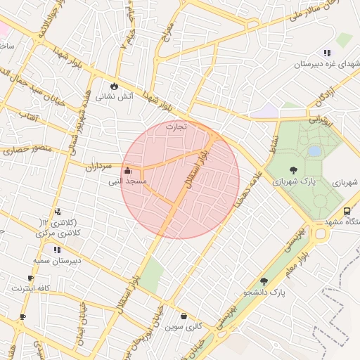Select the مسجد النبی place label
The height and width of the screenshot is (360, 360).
pyautogui.click(x=127, y=181)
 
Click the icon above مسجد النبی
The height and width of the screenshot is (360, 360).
pyautogui.click(x=127, y=170)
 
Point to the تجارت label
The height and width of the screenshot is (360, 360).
pyautogui.click(x=176, y=127)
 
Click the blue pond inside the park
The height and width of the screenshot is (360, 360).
pyautogui.click(x=314, y=151)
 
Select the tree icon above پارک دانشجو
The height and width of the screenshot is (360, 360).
pyautogui.click(x=264, y=281)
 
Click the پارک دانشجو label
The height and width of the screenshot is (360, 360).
pyautogui.click(x=264, y=292)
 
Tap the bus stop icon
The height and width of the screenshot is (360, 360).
pyautogui.click(x=347, y=211)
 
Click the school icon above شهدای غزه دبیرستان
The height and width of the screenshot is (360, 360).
pyautogui.click(x=327, y=53)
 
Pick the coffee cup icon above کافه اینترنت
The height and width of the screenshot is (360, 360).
pyautogui.click(x=30, y=278)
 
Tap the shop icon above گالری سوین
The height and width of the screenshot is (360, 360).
pyautogui.click(x=184, y=316)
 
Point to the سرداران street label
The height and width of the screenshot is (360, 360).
pyautogui.click(x=98, y=167)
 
